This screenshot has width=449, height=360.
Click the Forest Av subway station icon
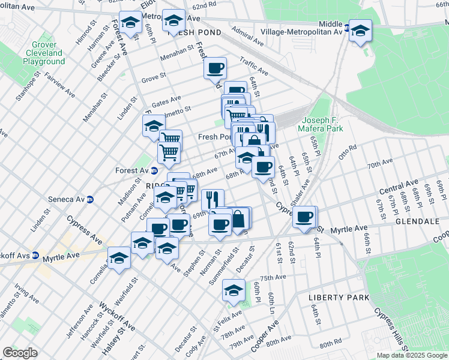pyautogui.click(x=154, y=170)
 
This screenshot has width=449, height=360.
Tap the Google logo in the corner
pyautogui.click(x=20, y=353)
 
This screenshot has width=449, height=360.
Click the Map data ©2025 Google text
pyautogui.click(x=411, y=355)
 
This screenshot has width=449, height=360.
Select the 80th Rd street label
pyautogui.click(x=331, y=344)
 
